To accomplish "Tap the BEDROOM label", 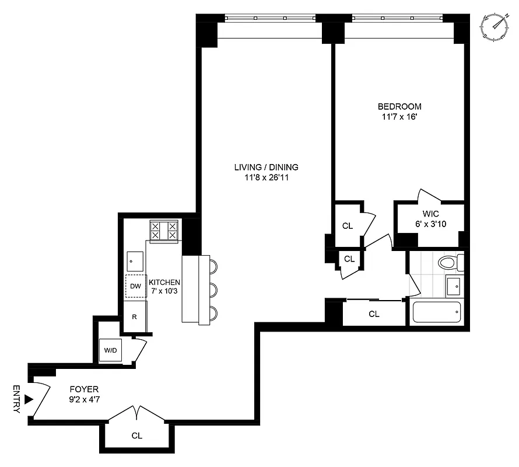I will (399, 107).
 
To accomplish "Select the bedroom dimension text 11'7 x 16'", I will (399, 117).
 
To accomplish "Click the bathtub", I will (437, 313).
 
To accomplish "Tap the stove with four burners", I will (164, 231).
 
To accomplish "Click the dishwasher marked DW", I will (136, 286).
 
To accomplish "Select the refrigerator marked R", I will (135, 318).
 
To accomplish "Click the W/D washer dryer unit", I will (110, 350).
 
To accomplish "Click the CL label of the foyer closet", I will (136, 435).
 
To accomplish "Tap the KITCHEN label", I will (164, 282).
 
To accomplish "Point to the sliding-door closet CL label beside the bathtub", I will (374, 314).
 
